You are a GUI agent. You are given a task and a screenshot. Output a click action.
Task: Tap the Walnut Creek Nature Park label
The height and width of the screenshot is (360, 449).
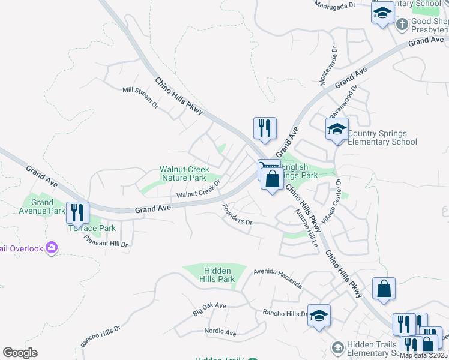click(x=183, y=173)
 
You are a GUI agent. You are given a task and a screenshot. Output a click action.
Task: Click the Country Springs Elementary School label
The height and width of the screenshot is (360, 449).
click(x=382, y=137)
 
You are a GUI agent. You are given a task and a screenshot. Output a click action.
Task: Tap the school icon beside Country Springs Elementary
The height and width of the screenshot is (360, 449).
click(x=337, y=128)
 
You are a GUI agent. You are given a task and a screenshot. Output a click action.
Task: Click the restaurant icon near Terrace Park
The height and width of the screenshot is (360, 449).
click(x=77, y=212)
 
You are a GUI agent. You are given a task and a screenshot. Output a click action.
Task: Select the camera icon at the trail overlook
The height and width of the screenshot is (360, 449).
click(x=52, y=247)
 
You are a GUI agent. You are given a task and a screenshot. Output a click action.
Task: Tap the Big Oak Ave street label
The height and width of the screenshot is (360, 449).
click(x=209, y=309)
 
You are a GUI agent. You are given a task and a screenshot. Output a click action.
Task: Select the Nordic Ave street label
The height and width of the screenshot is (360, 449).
click(x=220, y=332)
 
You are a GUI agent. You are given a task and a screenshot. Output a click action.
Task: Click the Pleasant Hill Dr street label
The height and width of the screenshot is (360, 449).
click(x=106, y=240)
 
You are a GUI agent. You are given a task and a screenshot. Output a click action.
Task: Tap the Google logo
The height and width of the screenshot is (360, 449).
click(x=20, y=353)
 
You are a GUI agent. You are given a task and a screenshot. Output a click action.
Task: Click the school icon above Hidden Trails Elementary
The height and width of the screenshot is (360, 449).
click(x=319, y=315)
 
